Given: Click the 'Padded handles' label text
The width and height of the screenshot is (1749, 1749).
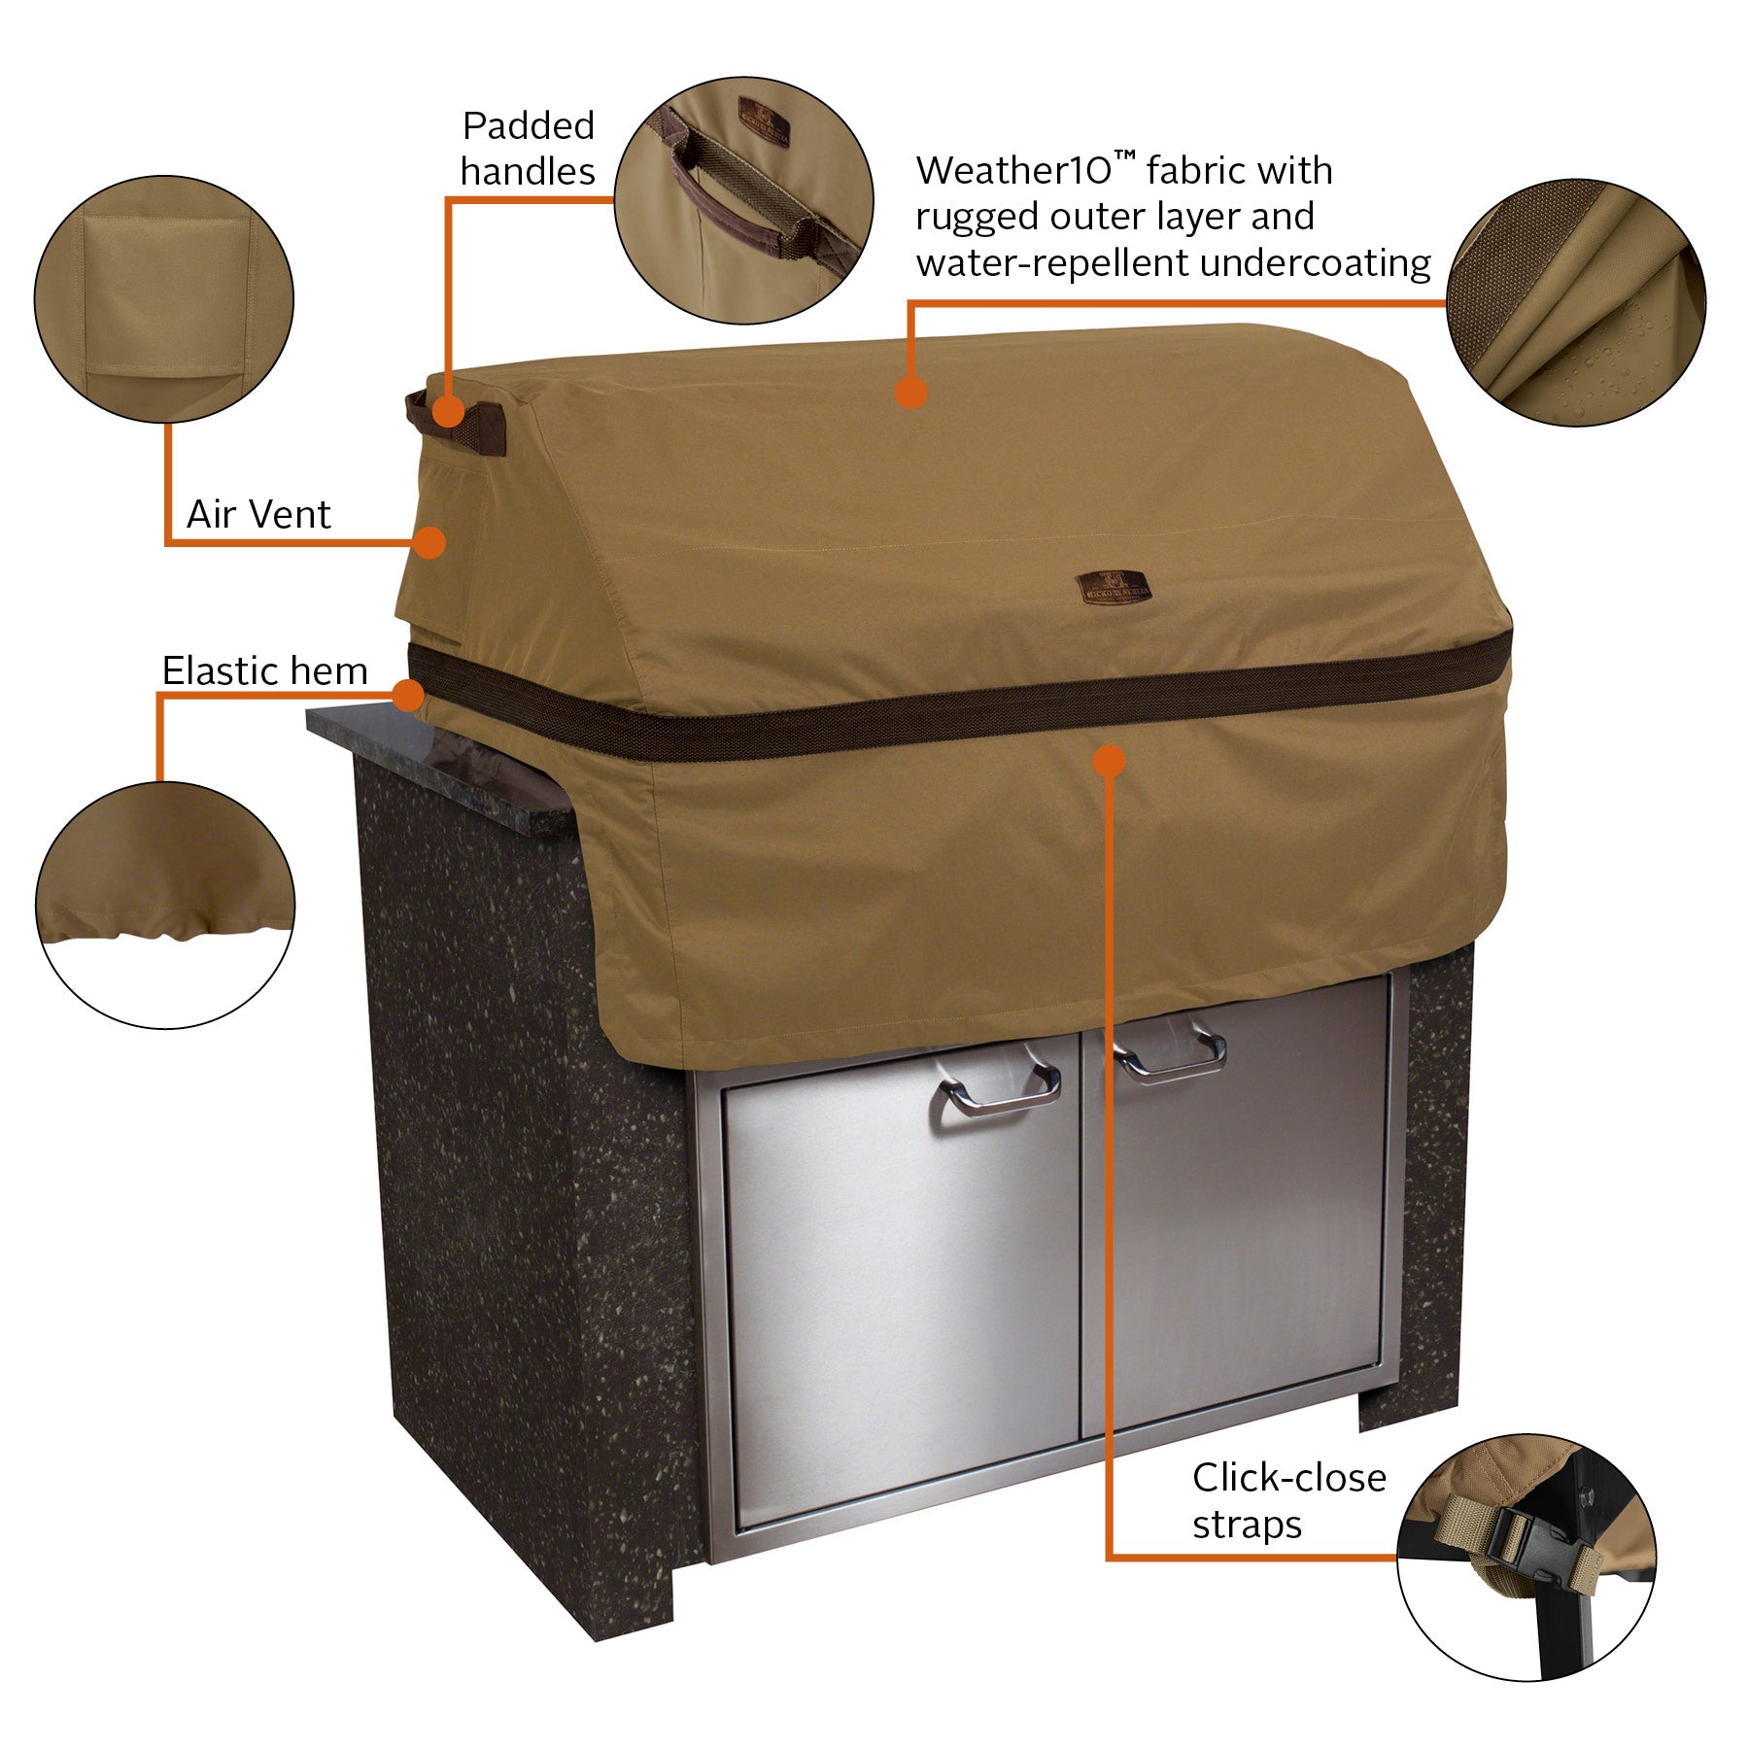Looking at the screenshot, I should tap(528, 149).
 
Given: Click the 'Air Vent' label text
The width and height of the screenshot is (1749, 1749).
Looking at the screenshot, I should tap(258, 514).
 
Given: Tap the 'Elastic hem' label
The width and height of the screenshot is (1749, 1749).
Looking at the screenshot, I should tap(264, 670).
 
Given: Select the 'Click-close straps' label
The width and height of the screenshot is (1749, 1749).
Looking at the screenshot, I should tap(1288, 1500).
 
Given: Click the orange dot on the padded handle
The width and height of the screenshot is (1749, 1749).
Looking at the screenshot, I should tap(448, 411).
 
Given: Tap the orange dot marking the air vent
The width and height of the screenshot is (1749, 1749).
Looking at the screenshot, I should tap(429, 542).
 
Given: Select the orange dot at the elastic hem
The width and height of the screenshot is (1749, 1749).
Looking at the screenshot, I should tap(409, 695).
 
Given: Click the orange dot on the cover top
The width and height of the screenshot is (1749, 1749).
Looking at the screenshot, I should tap(910, 392).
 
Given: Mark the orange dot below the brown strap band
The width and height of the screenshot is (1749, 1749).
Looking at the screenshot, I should tap(1109, 760).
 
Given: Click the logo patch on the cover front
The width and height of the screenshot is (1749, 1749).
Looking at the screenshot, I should tap(1114, 588).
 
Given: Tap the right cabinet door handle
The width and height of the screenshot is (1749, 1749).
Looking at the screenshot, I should tap(1170, 1053).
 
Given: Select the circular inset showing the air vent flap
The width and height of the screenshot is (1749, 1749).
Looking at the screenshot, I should tap(164, 299).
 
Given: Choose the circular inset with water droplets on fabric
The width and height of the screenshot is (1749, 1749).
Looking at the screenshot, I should tap(1575, 302).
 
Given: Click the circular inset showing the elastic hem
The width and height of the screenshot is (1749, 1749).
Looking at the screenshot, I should tap(165, 905).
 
